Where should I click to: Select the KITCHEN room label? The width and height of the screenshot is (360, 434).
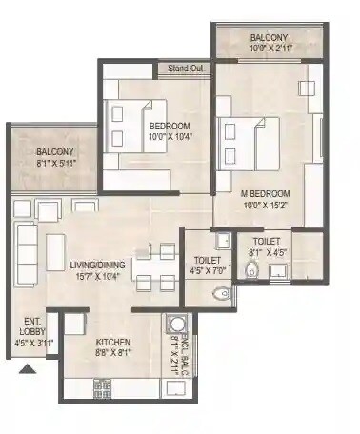(113, 342)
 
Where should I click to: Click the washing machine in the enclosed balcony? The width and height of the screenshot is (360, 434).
(176, 323)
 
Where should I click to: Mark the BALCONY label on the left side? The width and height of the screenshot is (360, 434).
(55, 152)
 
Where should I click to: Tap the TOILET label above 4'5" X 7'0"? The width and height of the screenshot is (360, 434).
(208, 259)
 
